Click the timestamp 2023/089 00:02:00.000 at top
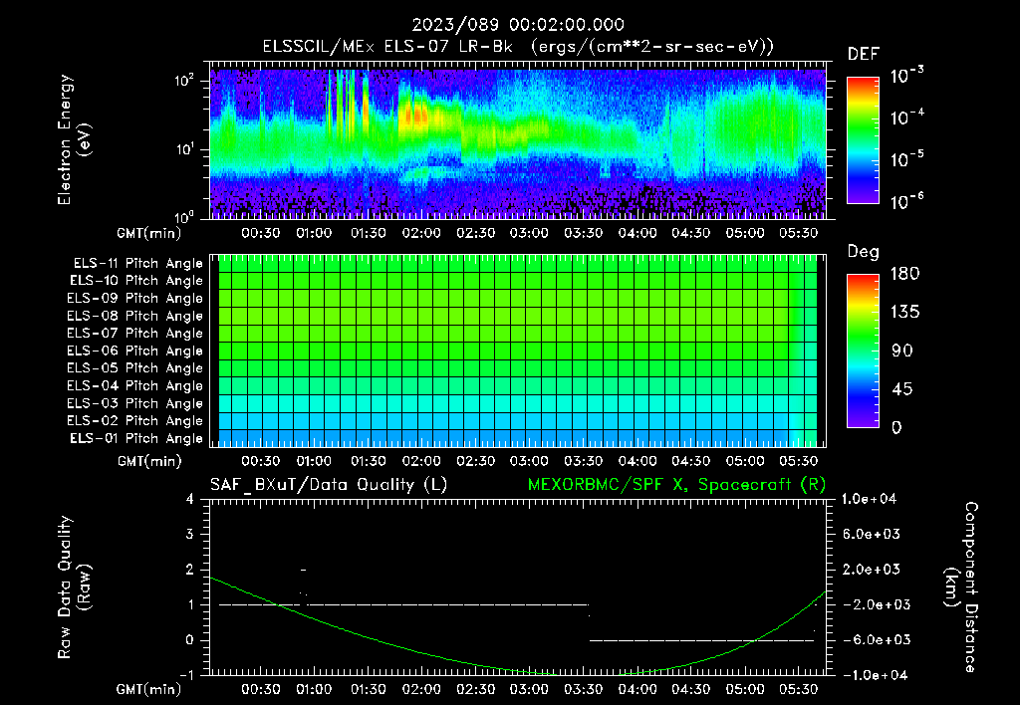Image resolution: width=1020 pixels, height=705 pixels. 514,25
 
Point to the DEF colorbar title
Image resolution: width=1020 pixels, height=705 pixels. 863,55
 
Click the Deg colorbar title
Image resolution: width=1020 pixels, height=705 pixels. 863,252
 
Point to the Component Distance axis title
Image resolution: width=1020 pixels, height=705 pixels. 965,587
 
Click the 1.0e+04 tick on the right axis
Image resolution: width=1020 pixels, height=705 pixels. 873,499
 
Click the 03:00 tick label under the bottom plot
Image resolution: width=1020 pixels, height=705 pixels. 528,688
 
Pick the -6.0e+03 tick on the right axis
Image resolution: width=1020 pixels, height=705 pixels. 873,639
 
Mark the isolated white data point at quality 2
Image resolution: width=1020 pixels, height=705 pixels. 303,570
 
